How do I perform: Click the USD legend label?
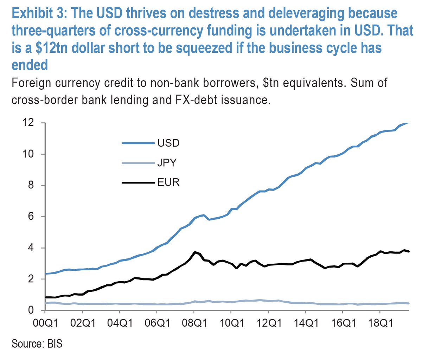pyautogui.click(x=168, y=143)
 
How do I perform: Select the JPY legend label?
pyautogui.click(x=167, y=163)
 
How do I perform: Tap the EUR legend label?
pyautogui.click(x=168, y=182)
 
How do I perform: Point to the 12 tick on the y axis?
pyautogui.click(x=28, y=123)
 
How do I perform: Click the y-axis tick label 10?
pyautogui.click(x=28, y=154)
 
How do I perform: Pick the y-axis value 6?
pyautogui.click(x=31, y=217)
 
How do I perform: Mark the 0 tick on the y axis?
pyautogui.click(x=31, y=310)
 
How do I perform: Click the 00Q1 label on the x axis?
pyautogui.click(x=45, y=323)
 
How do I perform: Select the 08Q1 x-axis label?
pyautogui.click(x=194, y=323)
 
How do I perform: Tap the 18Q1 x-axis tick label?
pyautogui.click(x=379, y=323)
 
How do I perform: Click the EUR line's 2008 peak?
pyautogui.click(x=194, y=252)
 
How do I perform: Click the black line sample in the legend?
pyautogui.click(x=138, y=182)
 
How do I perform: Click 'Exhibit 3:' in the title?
pyautogui.click(x=39, y=13)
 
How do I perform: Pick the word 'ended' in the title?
pyautogui.click(x=30, y=65)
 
